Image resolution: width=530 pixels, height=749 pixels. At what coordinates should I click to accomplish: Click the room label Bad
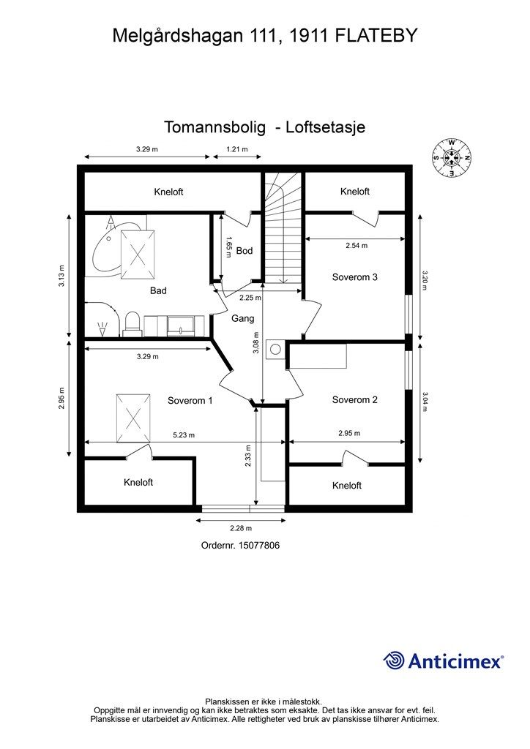[x=158, y=290]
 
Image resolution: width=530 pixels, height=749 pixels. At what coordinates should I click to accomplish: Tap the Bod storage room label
[x=245, y=251]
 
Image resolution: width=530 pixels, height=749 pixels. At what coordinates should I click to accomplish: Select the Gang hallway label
[x=242, y=319]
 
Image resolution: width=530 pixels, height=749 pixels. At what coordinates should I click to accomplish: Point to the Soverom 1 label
[x=190, y=400]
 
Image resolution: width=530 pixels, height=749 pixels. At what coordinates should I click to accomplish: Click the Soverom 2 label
[x=354, y=399]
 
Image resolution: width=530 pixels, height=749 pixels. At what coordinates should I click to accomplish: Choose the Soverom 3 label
[x=354, y=277]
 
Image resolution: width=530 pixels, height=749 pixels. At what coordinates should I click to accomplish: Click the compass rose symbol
[x=452, y=157]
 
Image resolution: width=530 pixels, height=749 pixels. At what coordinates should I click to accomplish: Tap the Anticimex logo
[x=444, y=660]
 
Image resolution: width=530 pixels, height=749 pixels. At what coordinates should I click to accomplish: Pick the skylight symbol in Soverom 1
[x=134, y=418]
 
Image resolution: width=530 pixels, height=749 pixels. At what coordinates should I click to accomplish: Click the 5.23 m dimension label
[x=184, y=435]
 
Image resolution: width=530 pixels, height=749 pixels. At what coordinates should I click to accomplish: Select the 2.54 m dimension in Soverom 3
[x=357, y=246]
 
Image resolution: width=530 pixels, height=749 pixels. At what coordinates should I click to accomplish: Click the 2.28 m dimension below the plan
[x=240, y=528]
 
